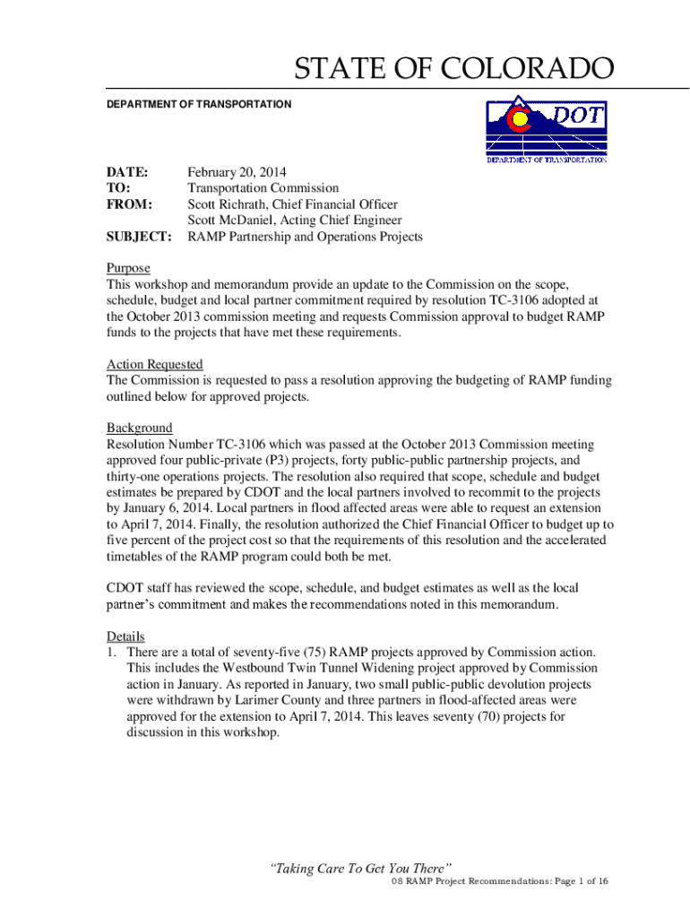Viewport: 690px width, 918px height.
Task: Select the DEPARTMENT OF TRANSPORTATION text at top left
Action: pos(199,105)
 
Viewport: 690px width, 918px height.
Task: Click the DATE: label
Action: pos(126,172)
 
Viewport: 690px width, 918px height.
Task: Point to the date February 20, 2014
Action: pos(237,172)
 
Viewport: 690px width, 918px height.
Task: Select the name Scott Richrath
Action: pos(229,204)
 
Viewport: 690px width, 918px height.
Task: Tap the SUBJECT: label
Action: pos(139,237)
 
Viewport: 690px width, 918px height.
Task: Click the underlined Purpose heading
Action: pos(128,269)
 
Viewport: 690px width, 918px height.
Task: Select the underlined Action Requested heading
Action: pos(155,364)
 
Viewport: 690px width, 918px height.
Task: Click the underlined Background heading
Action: pos(140,429)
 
